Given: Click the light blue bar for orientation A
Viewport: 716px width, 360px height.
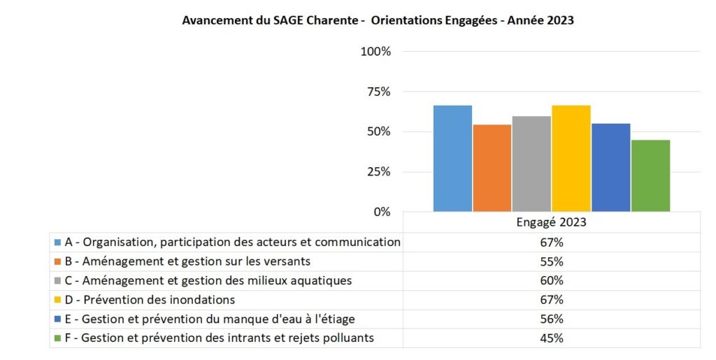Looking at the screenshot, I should coord(452,159).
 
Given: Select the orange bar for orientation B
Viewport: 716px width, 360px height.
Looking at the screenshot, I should coord(492,168).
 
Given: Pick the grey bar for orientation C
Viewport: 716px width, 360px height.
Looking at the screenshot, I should coord(531,164).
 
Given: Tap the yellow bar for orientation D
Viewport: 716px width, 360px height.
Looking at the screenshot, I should coord(571,159).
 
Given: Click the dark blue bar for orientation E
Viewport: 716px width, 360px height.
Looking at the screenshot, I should coord(610,167).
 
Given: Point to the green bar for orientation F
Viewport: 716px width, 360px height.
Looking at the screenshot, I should coord(650,175).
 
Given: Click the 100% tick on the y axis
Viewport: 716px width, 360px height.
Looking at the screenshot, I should coord(375,52).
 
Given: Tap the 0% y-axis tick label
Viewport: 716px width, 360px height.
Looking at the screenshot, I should coord(382,212).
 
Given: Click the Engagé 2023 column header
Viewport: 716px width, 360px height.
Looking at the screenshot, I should coord(552,223).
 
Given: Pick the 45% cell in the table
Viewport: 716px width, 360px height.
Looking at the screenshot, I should coord(552,338).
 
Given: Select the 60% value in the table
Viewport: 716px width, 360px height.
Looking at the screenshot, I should coord(552,281).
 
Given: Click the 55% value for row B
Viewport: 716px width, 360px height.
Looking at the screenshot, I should coord(552,261).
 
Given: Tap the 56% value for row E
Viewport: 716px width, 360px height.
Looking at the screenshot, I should coord(552,319).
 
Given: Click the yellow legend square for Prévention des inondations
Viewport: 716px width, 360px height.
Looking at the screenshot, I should coord(57,300).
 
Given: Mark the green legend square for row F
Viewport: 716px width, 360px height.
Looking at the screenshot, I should coord(57,338).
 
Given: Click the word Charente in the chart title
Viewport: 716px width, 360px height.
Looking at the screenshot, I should coord(334,20).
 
